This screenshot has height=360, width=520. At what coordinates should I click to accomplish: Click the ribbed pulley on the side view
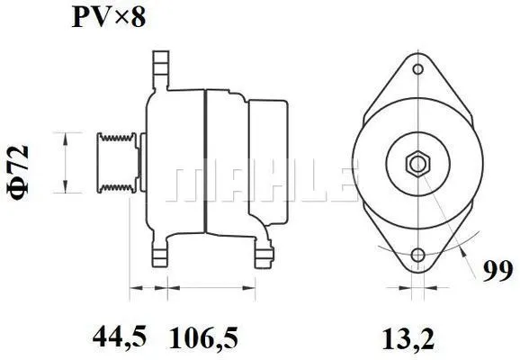pyautogui.click(x=116, y=162)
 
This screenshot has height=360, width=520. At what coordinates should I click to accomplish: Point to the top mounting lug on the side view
pyautogui.click(x=159, y=67)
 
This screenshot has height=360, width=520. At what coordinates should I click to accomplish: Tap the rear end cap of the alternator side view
pyautogui.click(x=266, y=162)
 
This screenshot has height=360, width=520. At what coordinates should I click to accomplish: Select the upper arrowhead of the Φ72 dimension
pyautogui.click(x=64, y=135)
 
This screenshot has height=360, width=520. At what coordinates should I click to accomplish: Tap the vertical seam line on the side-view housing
pyautogui.click(x=206, y=162)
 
